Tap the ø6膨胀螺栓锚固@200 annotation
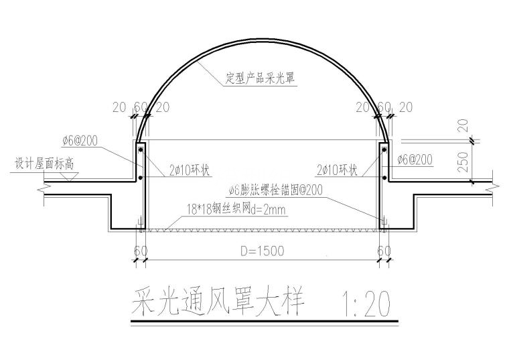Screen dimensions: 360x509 [x=275, y=190]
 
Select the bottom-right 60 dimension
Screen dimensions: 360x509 [x=384, y=251]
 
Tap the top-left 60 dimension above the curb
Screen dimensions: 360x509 [x=141, y=107]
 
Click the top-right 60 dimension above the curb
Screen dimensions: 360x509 [x=383, y=107]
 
